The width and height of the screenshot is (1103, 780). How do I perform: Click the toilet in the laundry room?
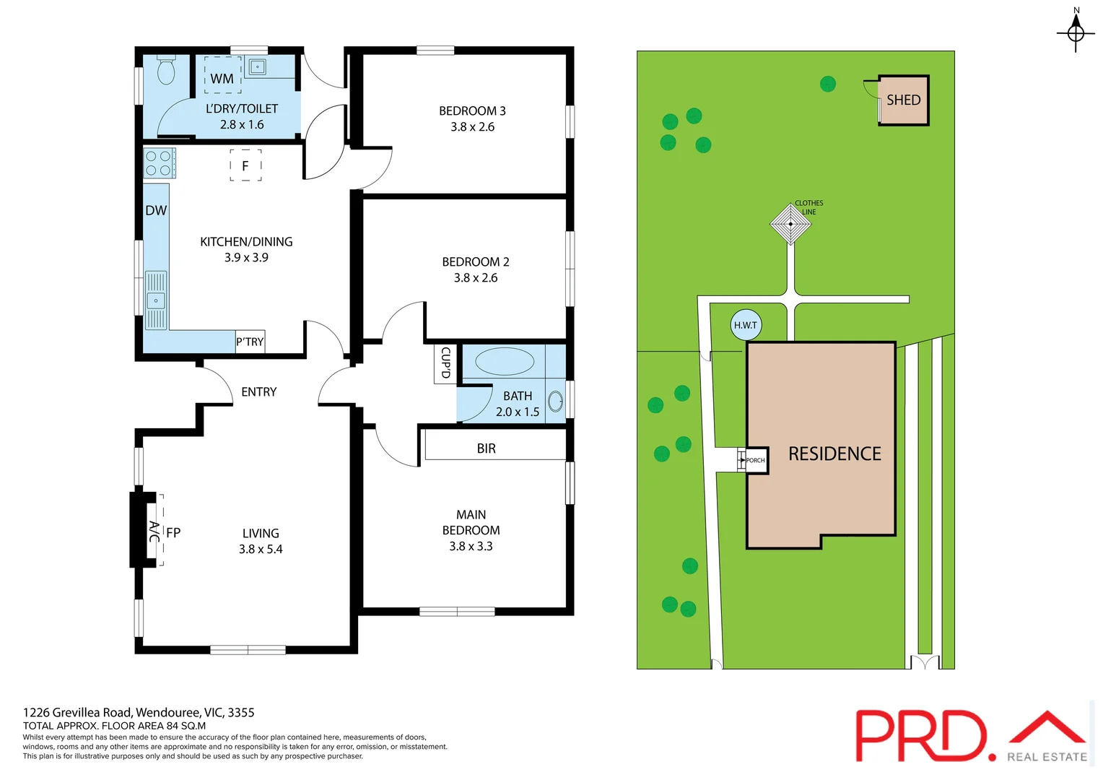click(x=166, y=69)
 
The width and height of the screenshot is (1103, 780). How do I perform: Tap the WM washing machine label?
click(x=222, y=79)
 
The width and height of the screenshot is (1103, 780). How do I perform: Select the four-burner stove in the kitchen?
click(x=159, y=163)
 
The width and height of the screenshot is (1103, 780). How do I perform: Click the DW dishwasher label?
click(x=156, y=210)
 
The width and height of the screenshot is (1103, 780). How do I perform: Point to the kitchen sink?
click(x=156, y=300)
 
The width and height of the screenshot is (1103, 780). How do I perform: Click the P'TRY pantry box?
click(x=250, y=342)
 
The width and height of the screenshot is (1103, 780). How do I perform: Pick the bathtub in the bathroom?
click(x=505, y=361)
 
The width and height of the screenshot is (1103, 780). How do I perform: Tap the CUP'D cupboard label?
click(x=445, y=363)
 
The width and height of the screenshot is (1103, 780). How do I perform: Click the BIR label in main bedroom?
click(x=487, y=448)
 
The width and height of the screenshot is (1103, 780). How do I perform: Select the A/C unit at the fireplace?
click(x=154, y=532)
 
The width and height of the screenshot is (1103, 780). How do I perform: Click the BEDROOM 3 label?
click(x=472, y=110)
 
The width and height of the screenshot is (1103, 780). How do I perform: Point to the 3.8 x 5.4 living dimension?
click(x=261, y=549)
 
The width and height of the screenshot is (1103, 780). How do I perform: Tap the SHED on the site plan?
click(x=903, y=100)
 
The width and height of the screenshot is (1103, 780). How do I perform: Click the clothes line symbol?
click(x=790, y=224)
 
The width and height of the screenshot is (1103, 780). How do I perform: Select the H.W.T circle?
click(x=746, y=325)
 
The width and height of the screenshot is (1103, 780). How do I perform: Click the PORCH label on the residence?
click(x=755, y=460)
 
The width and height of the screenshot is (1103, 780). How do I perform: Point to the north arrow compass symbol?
click(x=1076, y=32)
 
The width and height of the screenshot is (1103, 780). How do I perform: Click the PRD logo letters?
click(x=921, y=735)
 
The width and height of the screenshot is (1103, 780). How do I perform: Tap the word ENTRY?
click(x=259, y=391)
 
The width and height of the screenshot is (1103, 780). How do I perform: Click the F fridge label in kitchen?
click(x=245, y=166)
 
